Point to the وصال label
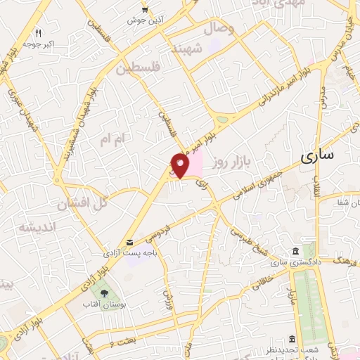(x=219, y=30)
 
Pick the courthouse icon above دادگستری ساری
(x=294, y=252)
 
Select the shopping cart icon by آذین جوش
(x=144, y=10)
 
